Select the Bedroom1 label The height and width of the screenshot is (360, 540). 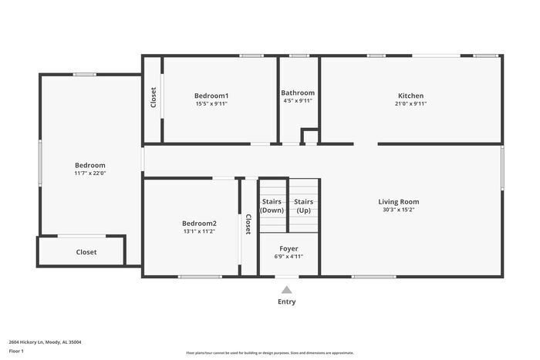pyautogui.click(x=211, y=96)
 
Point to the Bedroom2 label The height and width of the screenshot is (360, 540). pyautogui.click(x=199, y=223)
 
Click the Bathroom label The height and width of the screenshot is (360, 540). pyautogui.click(x=298, y=93)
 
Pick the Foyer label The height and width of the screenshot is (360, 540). pyautogui.click(x=289, y=248)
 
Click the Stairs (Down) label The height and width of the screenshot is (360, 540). pyautogui.click(x=272, y=206)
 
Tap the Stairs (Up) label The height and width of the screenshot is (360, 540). pyautogui.click(x=303, y=206)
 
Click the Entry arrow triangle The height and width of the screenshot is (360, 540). pyautogui.click(x=287, y=290)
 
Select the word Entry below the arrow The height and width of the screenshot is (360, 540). pyautogui.click(x=286, y=301)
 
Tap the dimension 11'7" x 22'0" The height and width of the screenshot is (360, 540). pyautogui.click(x=90, y=173)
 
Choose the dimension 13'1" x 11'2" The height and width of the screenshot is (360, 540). pyautogui.click(x=199, y=231)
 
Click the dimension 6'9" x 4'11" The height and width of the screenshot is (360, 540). pyautogui.click(x=289, y=257)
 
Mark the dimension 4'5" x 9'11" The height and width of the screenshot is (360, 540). pyautogui.click(x=298, y=101)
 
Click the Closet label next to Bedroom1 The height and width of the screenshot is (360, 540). pyautogui.click(x=153, y=96)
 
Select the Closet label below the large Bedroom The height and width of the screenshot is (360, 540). pyautogui.click(x=86, y=252)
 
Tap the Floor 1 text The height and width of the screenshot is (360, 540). pyautogui.click(x=17, y=352)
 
